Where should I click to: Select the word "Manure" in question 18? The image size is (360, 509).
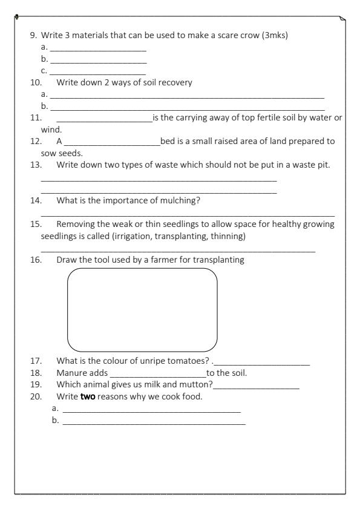[71, 373]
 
